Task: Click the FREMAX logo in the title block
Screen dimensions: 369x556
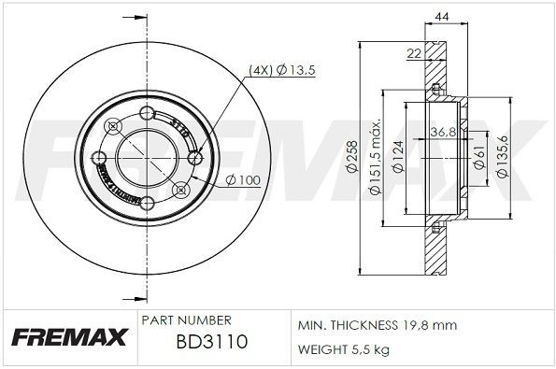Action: coord(67,337)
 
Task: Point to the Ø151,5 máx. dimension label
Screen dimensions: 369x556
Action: coord(375,159)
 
